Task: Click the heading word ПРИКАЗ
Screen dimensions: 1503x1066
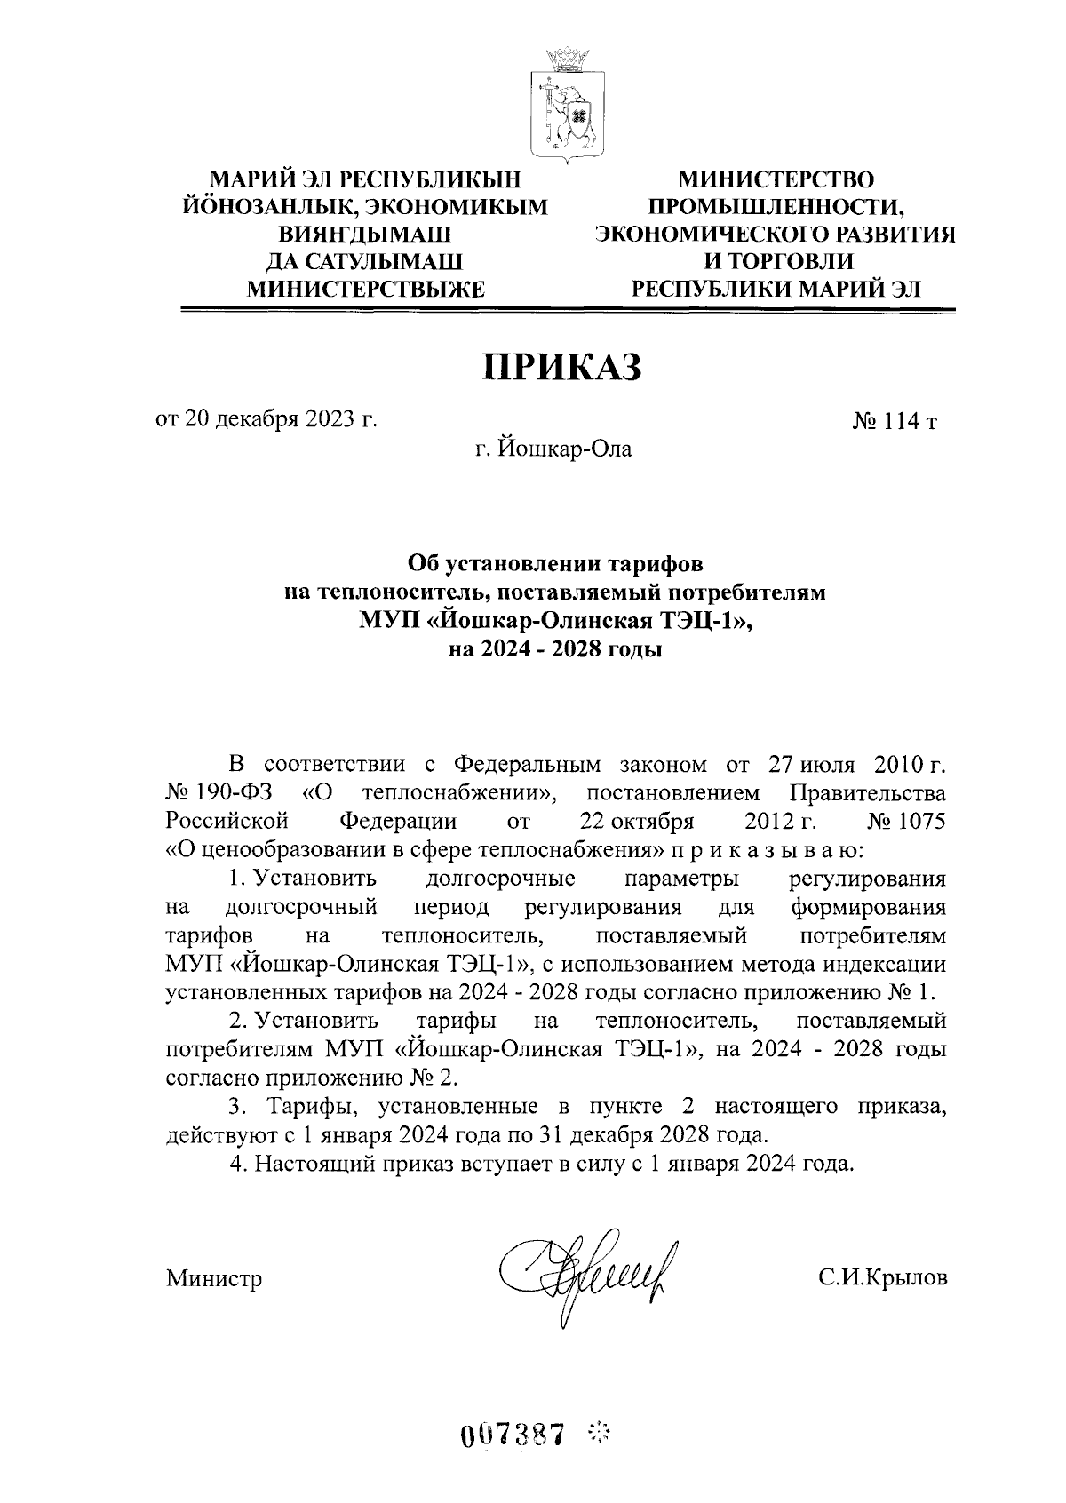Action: [561, 368]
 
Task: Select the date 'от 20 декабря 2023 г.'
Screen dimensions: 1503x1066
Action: [266, 419]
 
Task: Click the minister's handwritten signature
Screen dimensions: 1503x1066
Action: [591, 1276]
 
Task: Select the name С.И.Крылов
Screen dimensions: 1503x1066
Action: [883, 1278]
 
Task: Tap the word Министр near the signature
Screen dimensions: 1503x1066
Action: [214, 1279]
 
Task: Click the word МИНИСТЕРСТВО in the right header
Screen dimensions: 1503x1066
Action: [776, 179]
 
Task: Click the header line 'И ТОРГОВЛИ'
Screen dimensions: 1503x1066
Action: [776, 261]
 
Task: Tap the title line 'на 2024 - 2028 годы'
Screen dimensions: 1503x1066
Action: [554, 650]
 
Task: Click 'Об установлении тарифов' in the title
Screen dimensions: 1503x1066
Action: [554, 563]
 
